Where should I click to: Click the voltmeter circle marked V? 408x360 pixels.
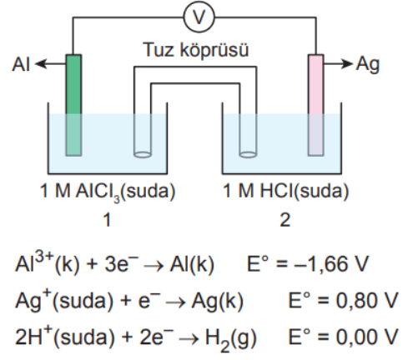pyautogui.click(x=199, y=17)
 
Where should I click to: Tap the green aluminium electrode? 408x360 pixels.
pyautogui.click(x=73, y=105)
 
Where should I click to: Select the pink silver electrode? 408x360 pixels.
pyautogui.click(x=316, y=105)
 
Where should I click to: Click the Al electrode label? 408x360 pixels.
pyautogui.click(x=21, y=64)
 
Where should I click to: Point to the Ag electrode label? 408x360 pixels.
pyautogui.click(x=368, y=65)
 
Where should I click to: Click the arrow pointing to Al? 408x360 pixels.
pyautogui.click(x=50, y=64)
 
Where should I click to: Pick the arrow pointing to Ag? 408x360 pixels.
pyautogui.click(x=338, y=63)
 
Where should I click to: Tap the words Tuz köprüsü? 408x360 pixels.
pyautogui.click(x=196, y=50)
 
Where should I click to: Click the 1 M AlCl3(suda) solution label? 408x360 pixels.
pyautogui.click(x=108, y=192)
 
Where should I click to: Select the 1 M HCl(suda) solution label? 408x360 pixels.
pyautogui.click(x=286, y=192)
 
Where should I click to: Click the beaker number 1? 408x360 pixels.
pyautogui.click(x=108, y=220)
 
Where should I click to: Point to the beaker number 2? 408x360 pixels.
pyautogui.click(x=285, y=220)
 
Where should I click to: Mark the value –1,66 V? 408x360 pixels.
pyautogui.click(x=331, y=263)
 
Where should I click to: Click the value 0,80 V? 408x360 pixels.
pyautogui.click(x=367, y=300)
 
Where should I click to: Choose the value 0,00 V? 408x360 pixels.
pyautogui.click(x=367, y=337)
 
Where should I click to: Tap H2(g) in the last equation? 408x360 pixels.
pyautogui.click(x=230, y=339)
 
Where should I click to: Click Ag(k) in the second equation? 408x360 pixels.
pyautogui.click(x=217, y=302)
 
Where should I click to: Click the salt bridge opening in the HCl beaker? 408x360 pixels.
pyautogui.click(x=248, y=154)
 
